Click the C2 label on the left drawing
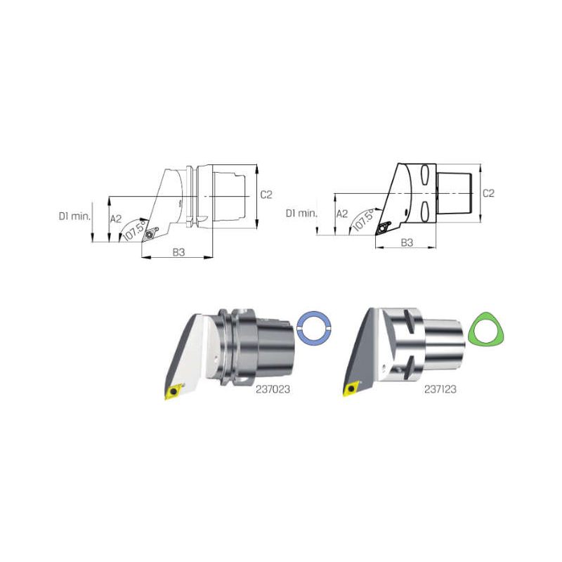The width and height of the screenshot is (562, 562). (x=266, y=195)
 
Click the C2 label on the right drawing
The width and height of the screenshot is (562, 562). (x=488, y=193)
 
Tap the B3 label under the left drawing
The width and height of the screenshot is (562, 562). (x=178, y=252)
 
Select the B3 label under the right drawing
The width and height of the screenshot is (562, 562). (x=407, y=242)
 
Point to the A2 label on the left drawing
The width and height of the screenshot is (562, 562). (x=116, y=218)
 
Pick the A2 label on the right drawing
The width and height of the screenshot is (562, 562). (x=342, y=214)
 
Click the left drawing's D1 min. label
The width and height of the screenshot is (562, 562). (x=74, y=216)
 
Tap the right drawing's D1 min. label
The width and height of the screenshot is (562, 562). (x=301, y=214)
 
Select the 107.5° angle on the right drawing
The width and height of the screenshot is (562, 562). (x=363, y=220)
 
